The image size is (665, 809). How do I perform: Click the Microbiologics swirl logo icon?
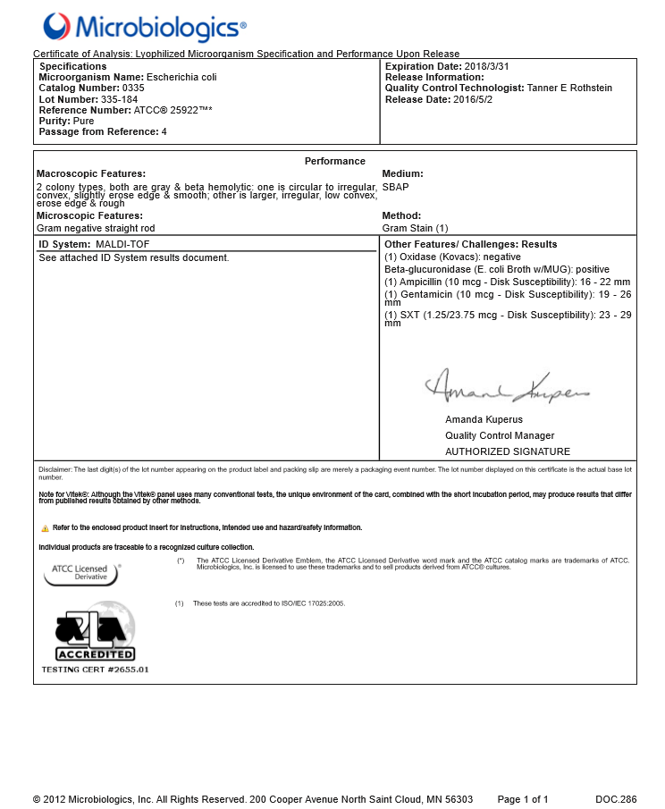[55, 27]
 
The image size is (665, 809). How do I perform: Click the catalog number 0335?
[132, 88]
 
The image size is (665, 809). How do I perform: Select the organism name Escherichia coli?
[181, 78]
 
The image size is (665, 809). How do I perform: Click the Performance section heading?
[334, 161]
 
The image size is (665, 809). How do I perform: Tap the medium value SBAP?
[394, 186]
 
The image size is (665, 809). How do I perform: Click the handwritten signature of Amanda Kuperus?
[507, 388]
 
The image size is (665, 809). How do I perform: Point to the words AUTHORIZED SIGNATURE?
[507, 451]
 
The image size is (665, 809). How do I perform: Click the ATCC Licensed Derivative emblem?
[80, 574]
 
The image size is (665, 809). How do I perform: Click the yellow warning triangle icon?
[44, 528]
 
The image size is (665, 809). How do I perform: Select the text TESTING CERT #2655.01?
[95, 669]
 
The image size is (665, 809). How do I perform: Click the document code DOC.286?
[616, 798]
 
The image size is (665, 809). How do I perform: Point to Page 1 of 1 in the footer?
[523, 798]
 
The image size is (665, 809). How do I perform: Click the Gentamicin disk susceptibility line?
[508, 295]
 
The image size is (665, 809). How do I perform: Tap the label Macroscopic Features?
[90, 173]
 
